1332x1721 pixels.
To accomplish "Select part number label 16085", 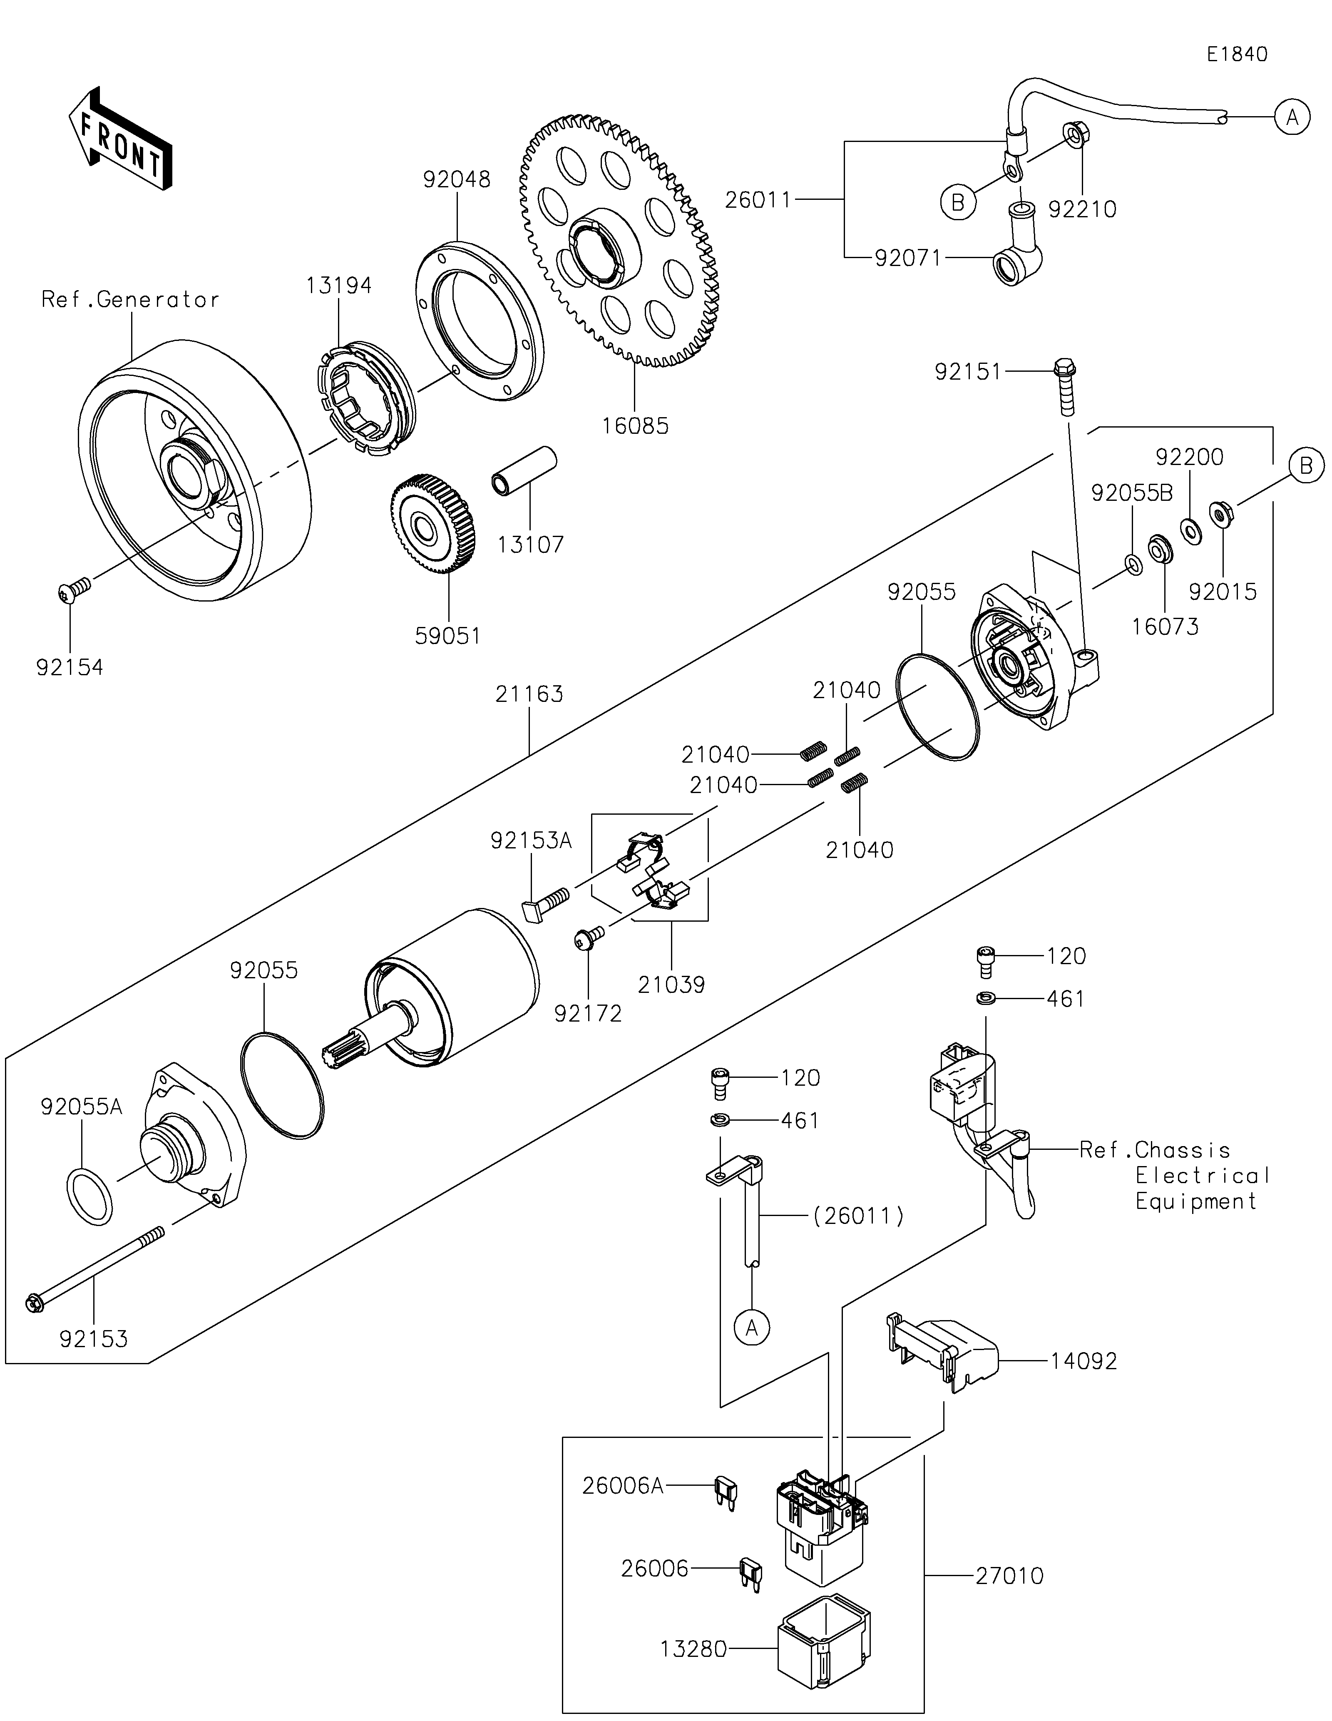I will point(635,426).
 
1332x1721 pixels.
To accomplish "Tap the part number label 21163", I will point(529,694).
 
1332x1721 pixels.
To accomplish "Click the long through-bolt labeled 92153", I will point(94,1269).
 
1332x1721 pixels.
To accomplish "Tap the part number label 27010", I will point(1009,1576).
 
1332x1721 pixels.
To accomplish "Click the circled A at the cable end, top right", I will point(1292,117).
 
